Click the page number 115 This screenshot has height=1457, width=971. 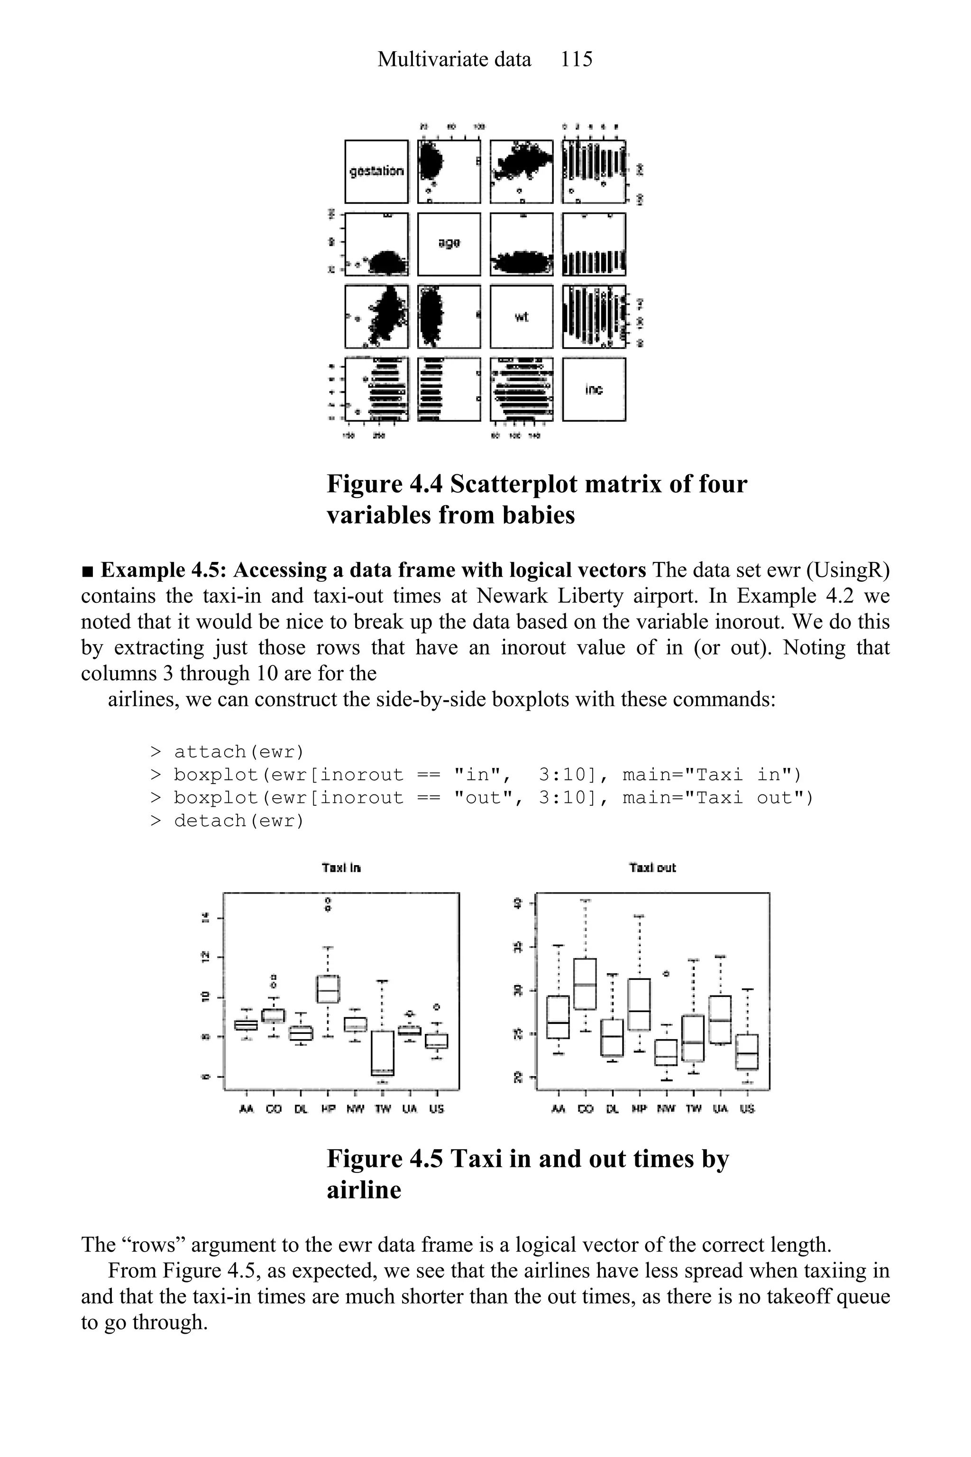coord(576,59)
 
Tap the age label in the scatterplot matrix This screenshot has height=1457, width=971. coord(449,243)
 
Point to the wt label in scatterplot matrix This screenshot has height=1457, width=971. coord(522,317)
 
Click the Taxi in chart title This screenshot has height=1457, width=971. coord(341,868)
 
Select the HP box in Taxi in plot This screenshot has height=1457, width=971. coord(328,989)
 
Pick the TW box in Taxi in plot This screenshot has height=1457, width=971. coord(383,1053)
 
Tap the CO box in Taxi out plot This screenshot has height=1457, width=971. coord(585,984)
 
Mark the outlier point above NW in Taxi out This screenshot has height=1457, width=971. coord(666,974)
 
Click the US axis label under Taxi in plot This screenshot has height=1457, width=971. coord(437,1109)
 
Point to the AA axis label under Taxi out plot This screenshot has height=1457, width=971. coord(559,1109)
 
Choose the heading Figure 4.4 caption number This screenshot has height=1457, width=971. coord(385,484)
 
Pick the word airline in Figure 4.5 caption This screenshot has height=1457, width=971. coord(364,1190)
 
